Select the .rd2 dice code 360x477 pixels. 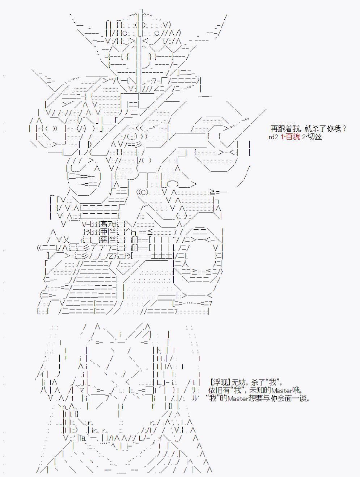[272, 137]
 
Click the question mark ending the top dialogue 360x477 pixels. [344, 129]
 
